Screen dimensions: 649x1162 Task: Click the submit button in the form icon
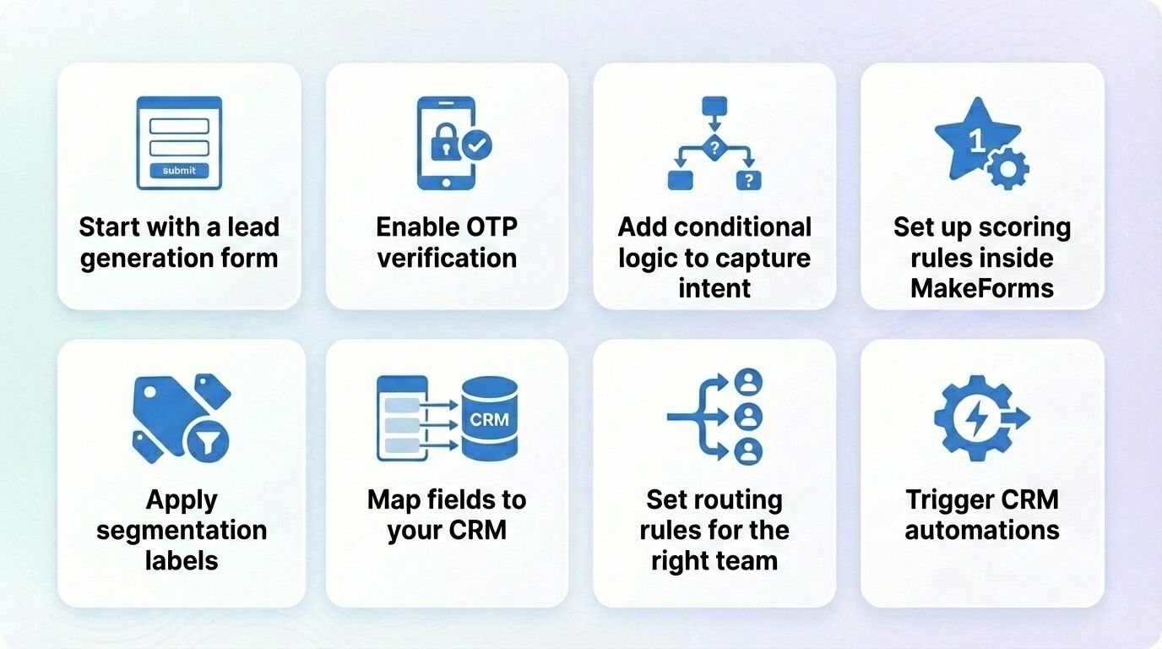coord(179,171)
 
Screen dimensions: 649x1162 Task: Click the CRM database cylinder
coord(489,418)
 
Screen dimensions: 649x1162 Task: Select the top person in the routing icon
coord(748,382)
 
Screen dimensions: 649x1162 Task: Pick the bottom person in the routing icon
coord(748,450)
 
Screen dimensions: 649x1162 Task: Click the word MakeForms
coord(982,288)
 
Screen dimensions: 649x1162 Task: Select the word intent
coord(714,288)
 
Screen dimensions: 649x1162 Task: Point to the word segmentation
coord(182,531)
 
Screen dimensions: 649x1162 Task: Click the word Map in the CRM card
coord(393,500)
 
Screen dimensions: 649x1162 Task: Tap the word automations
coord(982,531)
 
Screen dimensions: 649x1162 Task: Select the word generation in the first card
coord(140,258)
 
